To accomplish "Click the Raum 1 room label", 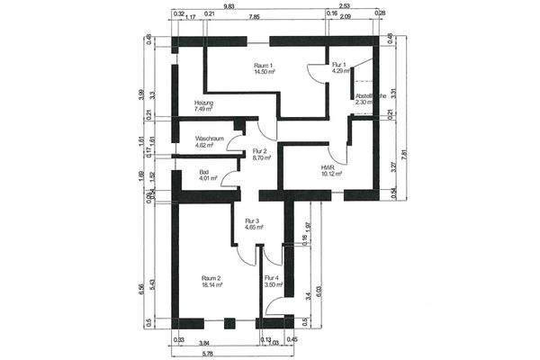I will pos(264,65).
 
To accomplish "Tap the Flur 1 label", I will pos(339,65).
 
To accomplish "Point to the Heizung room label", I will pos(204,103).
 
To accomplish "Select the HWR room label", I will pos(328,167).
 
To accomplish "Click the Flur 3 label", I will pos(252,220).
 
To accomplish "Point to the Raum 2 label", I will pos(212,279).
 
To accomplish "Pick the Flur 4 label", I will pos(272,278).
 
